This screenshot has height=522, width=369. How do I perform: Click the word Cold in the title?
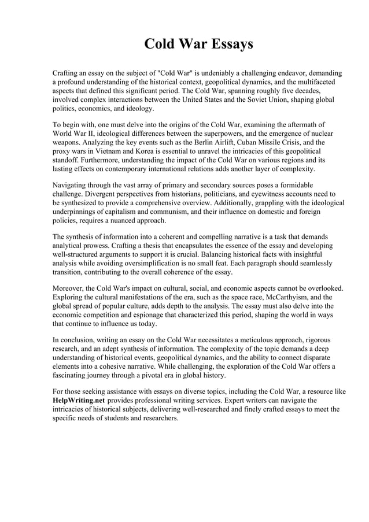coord(160,45)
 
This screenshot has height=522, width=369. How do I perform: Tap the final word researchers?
coord(158,417)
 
